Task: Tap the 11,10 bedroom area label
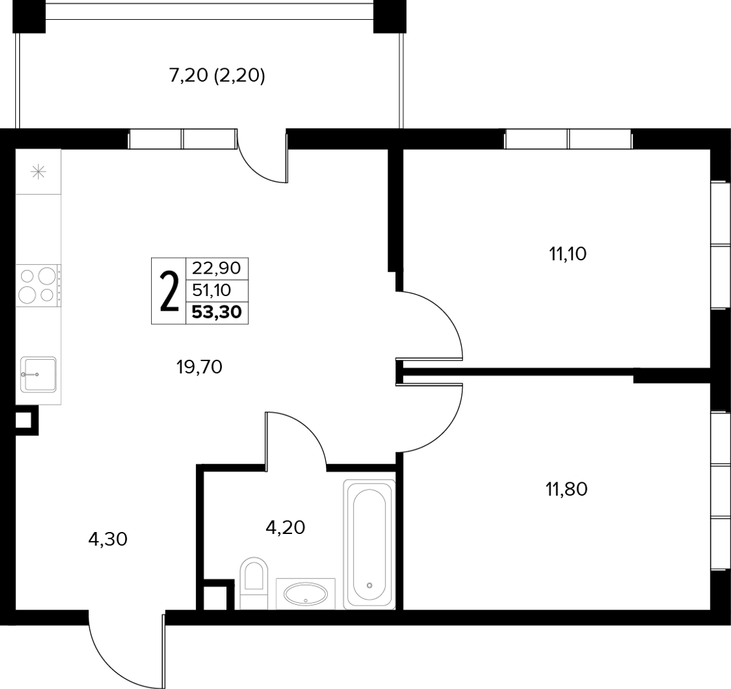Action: (567, 255)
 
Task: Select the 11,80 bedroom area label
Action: (566, 489)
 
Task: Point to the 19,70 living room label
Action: (200, 367)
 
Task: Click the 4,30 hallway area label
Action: (108, 539)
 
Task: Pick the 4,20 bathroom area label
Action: (285, 527)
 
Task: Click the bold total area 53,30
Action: (217, 311)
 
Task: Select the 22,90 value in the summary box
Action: (216, 268)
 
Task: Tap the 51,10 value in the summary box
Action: (212, 290)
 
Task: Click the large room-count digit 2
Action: (169, 292)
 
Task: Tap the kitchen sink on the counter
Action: (38, 374)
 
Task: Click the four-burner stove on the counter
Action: (38, 285)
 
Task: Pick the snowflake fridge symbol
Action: (38, 172)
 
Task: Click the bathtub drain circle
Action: (369, 585)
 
